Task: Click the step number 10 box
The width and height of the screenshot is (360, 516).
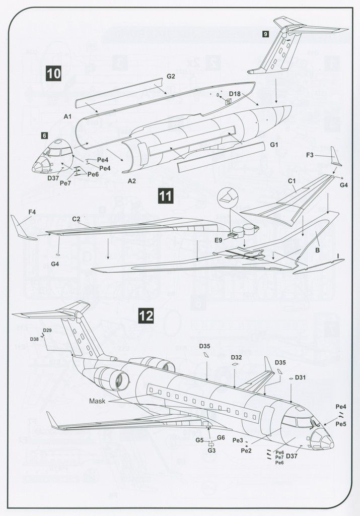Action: point(53,74)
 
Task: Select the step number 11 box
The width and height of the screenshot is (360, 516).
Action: point(166,195)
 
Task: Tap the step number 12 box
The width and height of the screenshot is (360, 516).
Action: point(146,316)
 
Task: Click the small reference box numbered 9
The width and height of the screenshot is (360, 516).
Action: point(265,34)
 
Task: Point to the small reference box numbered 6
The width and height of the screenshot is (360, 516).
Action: point(44,136)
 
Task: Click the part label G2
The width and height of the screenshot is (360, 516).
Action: point(171,76)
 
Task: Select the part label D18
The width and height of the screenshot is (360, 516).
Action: point(235,94)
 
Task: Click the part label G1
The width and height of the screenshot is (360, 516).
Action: point(274,145)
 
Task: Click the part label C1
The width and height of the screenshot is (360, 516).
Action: point(292,180)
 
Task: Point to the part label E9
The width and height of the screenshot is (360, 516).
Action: point(219,240)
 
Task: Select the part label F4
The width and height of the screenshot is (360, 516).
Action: point(32,212)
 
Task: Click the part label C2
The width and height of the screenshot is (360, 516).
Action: point(77,219)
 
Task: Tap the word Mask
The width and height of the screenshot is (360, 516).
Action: point(97,401)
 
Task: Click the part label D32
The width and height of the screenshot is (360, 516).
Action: point(237,357)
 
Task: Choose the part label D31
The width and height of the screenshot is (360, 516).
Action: point(300,377)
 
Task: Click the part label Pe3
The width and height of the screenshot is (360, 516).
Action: point(238,440)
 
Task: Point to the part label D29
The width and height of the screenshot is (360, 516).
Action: point(47,330)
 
